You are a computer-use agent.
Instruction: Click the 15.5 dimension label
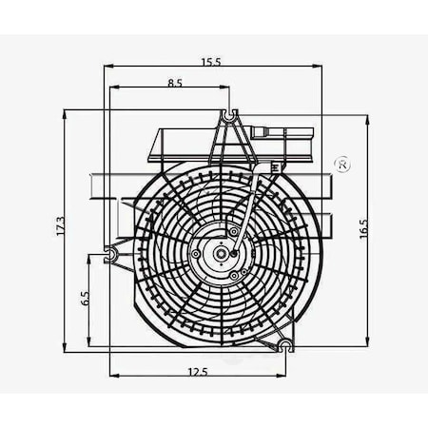[211, 62]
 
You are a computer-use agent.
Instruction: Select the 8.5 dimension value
[175, 83]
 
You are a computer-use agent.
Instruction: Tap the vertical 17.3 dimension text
[60, 226]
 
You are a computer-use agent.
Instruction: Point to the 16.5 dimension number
[363, 228]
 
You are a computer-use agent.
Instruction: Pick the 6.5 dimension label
[86, 299]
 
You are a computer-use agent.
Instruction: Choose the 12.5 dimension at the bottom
[198, 371]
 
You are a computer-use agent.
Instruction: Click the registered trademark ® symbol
[342, 165]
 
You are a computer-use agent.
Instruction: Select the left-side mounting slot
[110, 254]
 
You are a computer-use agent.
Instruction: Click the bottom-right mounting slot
[286, 345]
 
